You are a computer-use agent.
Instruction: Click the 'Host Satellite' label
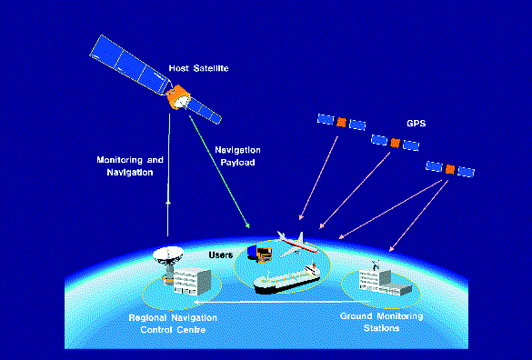(198, 67)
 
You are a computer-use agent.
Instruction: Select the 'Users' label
(222, 255)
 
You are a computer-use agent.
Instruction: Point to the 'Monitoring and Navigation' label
(130, 165)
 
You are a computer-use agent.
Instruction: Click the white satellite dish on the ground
(168, 260)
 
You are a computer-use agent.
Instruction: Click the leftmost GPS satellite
(342, 122)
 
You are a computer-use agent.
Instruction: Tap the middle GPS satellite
(395, 143)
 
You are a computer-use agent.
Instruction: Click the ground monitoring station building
(376, 278)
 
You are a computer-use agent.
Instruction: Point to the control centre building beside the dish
(186, 281)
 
